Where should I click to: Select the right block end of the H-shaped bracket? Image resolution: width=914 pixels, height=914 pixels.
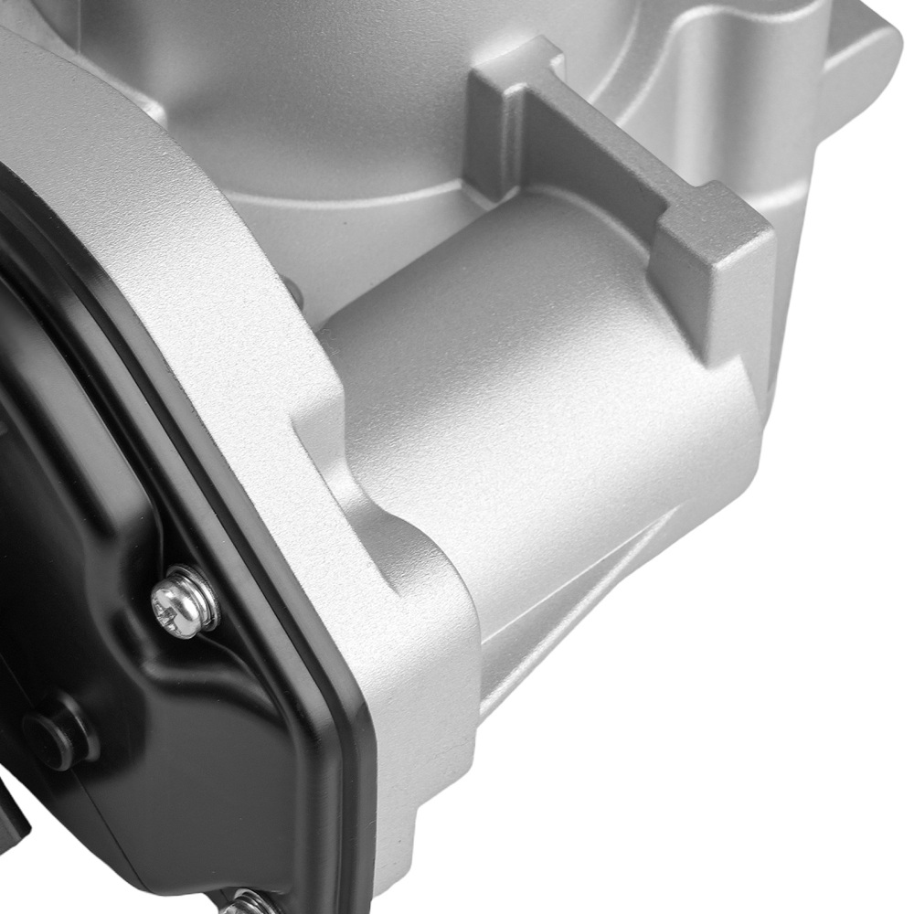713,274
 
